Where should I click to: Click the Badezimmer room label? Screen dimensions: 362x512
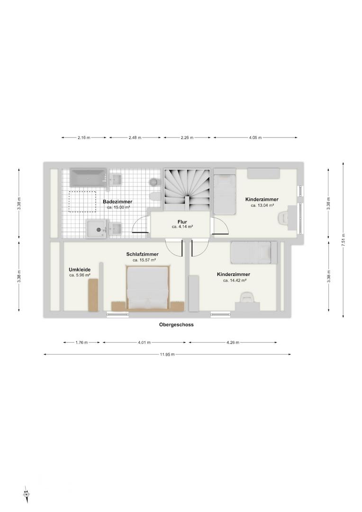(118, 202)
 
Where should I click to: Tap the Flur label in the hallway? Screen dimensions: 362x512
(182, 222)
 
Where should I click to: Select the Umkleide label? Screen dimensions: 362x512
(79, 270)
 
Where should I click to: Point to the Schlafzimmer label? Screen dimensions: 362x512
(143, 255)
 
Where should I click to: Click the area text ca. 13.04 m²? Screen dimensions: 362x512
(262, 205)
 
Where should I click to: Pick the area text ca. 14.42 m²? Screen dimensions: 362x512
(235, 280)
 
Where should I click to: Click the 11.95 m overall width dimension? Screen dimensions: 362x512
(167, 354)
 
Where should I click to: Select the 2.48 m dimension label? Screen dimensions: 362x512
(135, 138)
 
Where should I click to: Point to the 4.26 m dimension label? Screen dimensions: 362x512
(233, 343)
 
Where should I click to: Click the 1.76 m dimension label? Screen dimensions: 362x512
(81, 343)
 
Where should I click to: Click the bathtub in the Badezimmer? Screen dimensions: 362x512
(89, 178)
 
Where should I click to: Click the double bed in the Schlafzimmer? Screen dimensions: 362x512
(147, 288)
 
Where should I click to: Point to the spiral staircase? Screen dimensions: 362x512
(187, 190)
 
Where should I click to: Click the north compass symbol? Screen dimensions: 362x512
(26, 495)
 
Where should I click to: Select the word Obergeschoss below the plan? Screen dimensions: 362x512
(176, 325)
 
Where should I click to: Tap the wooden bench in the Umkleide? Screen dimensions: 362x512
(93, 295)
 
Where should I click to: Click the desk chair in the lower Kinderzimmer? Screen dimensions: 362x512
(247, 298)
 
